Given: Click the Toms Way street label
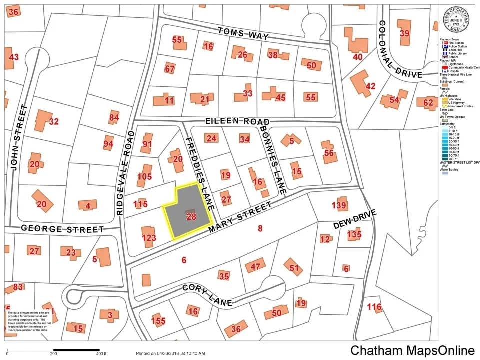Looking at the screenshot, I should click(x=243, y=34).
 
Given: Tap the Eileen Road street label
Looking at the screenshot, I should click(x=237, y=122).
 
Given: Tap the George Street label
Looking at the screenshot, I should click(x=62, y=229).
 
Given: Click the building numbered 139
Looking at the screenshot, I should click(x=339, y=205).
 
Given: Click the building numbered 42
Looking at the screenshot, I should click(x=370, y=86).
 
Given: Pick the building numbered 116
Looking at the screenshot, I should click(x=374, y=307).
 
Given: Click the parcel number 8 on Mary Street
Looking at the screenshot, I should click(x=260, y=228).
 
